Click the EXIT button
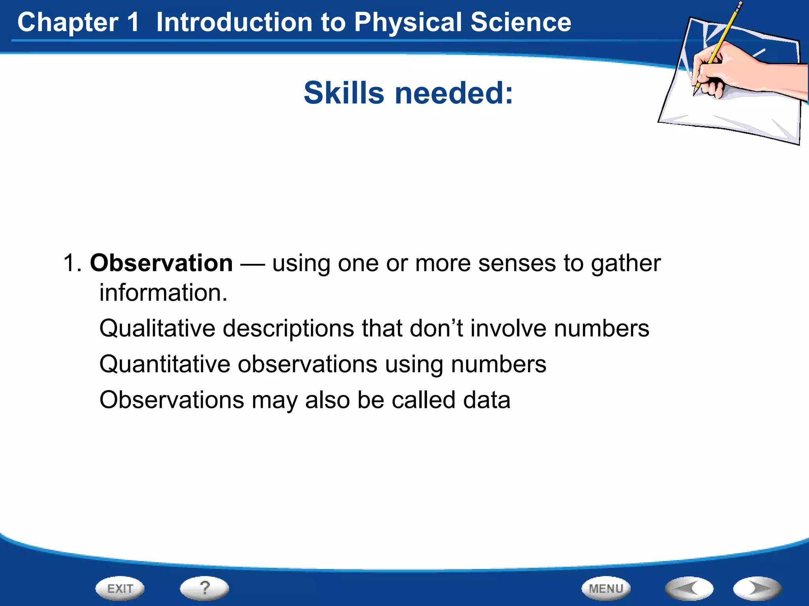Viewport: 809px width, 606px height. tap(120, 588)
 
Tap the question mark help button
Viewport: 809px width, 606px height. tap(204, 588)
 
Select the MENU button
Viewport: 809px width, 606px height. tap(606, 588)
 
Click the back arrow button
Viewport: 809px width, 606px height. tap(689, 588)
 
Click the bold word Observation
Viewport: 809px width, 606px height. tap(161, 263)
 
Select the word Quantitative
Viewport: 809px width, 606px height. tap(165, 364)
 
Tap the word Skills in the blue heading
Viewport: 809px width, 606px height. tap(344, 93)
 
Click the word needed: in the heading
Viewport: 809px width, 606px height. tap(454, 93)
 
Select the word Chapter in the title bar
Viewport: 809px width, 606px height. tap(68, 22)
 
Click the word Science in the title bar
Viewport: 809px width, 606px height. tap(520, 22)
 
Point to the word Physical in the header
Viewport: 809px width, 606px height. tap(408, 22)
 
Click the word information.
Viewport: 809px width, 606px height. tap(163, 293)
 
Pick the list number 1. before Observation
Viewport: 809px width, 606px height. tap(72, 263)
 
